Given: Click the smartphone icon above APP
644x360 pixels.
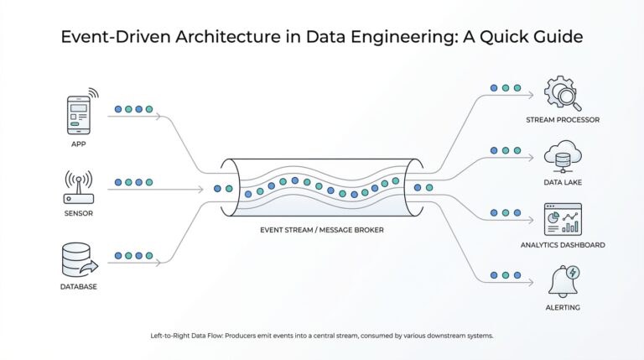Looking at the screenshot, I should (79, 114).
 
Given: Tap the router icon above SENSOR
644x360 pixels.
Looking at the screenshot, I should (78, 189).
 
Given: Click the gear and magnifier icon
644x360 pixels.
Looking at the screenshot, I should (562, 92).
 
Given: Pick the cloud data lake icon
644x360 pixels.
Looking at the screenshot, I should (562, 156).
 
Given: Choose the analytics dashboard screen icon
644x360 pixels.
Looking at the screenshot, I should (562, 220).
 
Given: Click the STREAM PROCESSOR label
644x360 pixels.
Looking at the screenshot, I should (562, 120).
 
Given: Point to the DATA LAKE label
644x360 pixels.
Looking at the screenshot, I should (562, 182).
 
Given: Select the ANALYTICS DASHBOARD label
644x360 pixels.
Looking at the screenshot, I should (562, 245).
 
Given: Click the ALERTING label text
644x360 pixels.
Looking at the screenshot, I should (562, 307).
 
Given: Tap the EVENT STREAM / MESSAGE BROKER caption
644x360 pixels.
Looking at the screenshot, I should (322, 228).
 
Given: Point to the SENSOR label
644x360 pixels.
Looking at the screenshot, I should (78, 213).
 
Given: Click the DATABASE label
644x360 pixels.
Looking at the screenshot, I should (78, 286).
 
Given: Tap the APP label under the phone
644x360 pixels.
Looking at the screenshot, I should (78, 143).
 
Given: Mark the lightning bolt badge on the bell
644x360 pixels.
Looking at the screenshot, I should (573, 272).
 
